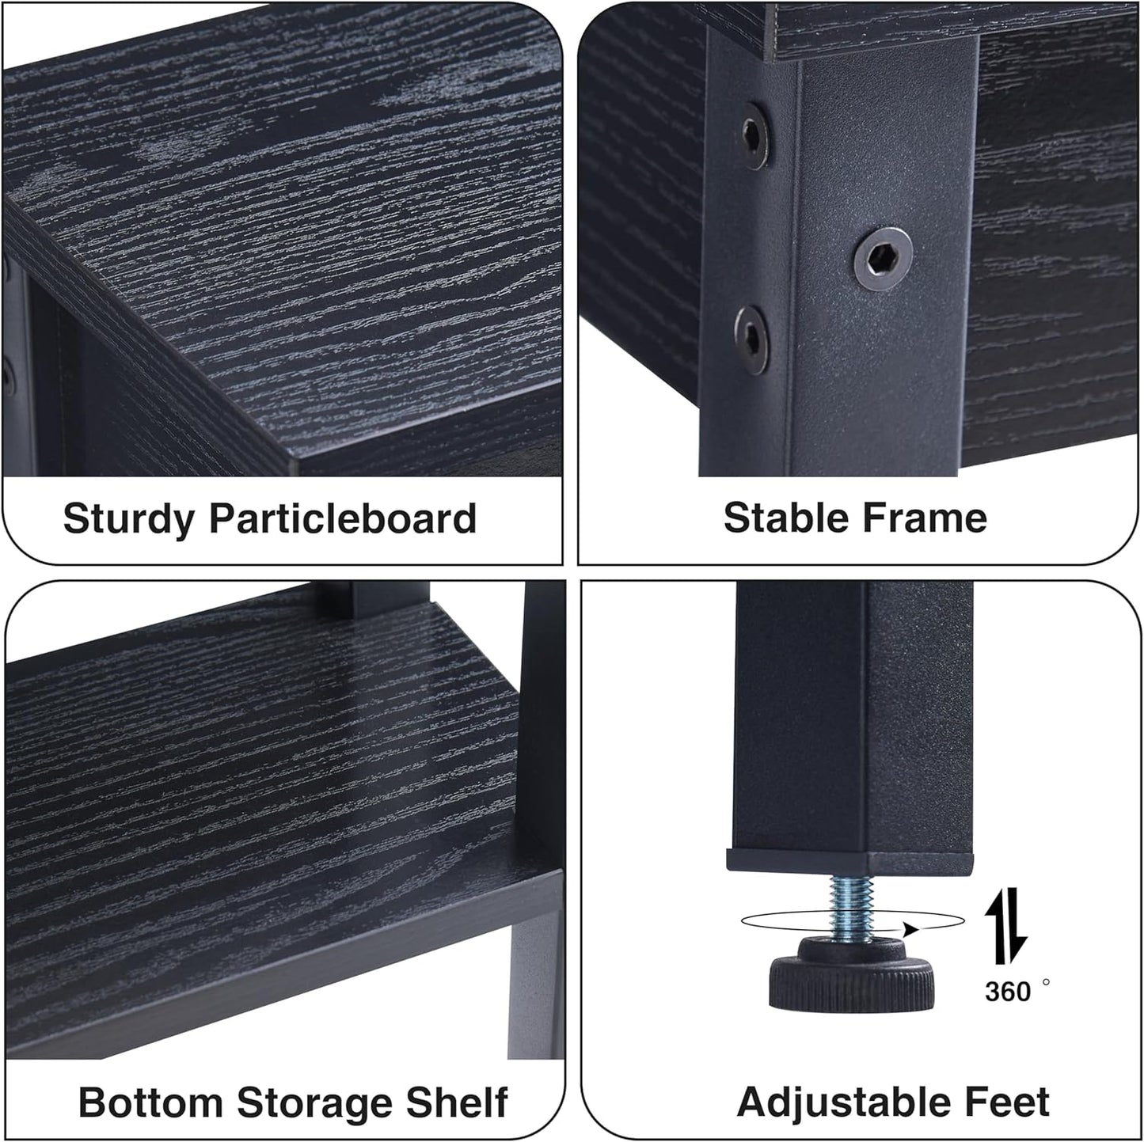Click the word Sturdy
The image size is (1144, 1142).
(128, 520)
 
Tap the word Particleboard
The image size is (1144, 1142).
(343, 519)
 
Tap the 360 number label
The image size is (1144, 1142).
(1008, 991)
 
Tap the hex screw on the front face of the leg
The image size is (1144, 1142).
(883, 259)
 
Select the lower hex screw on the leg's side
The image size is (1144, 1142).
(751, 340)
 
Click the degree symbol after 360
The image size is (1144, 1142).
(1046, 981)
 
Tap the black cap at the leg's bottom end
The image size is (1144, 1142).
(850, 862)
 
